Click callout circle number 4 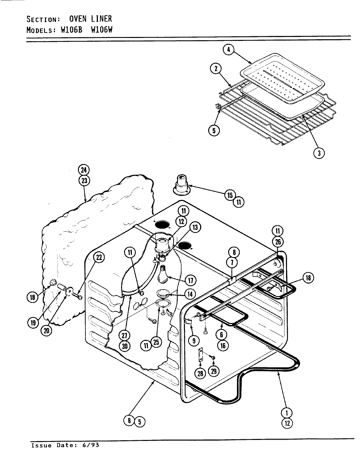pos(229,50)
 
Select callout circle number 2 pos(216,69)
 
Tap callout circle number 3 pos(319,153)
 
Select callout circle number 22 pos(99,257)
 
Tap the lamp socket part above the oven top pos(181,184)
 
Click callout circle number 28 pos(199,373)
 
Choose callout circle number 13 pos(195,227)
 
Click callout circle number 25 pos(156,342)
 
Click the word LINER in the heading pos(101,19)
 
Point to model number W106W pos(101,30)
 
